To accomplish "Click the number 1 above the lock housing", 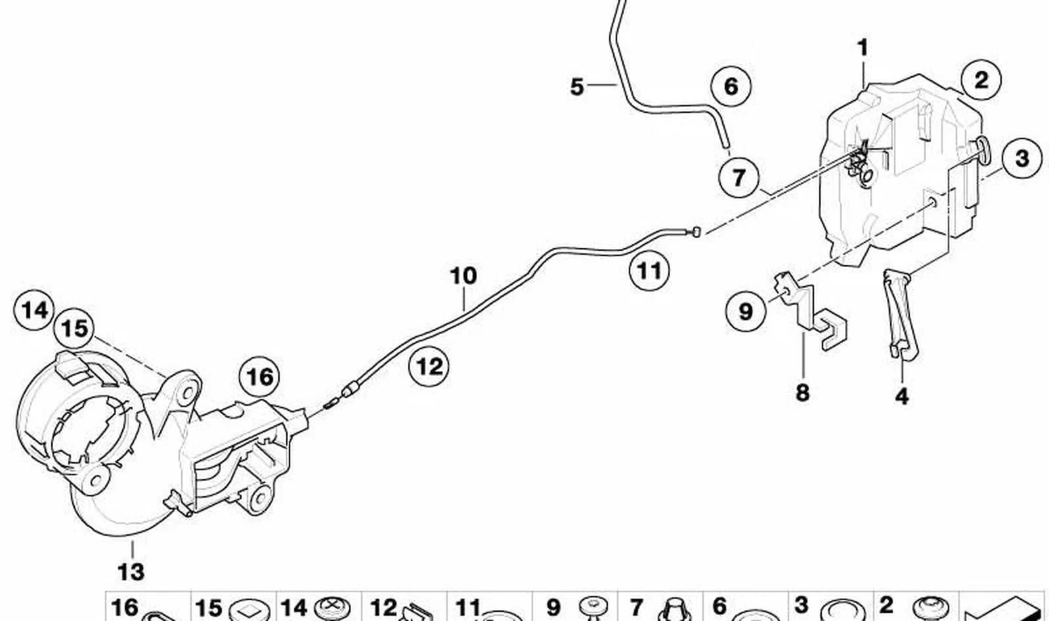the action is [x=863, y=48].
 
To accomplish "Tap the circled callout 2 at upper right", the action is [x=981, y=80].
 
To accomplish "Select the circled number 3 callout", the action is [x=1022, y=158].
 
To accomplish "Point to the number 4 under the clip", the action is [x=902, y=396].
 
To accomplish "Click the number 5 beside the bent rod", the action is [x=577, y=87].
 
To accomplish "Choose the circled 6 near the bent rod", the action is [x=731, y=87].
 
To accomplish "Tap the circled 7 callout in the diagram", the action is [x=739, y=177].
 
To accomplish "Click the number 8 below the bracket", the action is [x=803, y=393].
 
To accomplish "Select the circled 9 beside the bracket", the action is [x=746, y=311].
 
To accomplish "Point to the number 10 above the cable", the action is [x=463, y=276].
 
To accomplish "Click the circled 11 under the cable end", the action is [x=649, y=270].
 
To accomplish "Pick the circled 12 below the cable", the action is [x=429, y=366].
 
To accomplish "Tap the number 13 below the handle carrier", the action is [x=131, y=572].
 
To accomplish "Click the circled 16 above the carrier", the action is [x=259, y=377].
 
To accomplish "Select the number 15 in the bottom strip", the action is [x=208, y=609].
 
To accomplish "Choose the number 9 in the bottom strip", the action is [x=553, y=607].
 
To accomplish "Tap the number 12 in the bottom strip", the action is [x=383, y=609].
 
